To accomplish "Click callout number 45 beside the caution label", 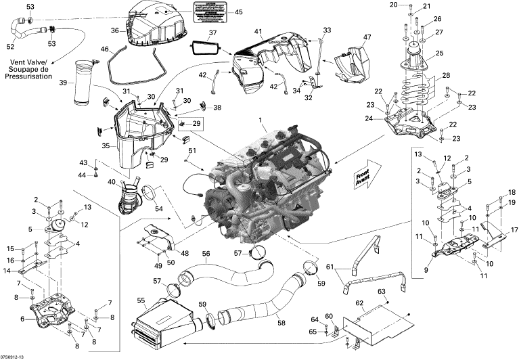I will pos(238,12).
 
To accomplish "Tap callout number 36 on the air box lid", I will pos(114,30).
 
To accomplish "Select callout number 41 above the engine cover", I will pos(258,31).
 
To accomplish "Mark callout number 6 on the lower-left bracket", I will pos(24,319).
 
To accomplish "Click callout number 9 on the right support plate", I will pos(426,269).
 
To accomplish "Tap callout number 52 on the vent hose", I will pos(10,47).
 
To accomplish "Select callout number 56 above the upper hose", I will pos(206,254).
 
